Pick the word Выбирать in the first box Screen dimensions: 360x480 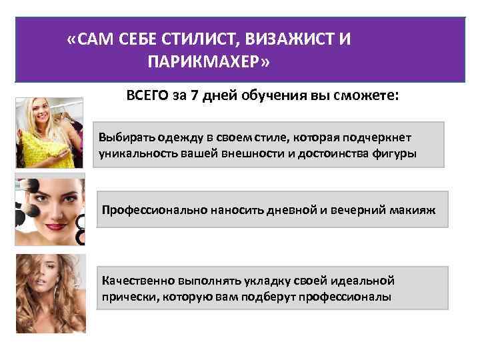click(x=123, y=137)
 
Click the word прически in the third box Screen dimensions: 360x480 click(x=124, y=295)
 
